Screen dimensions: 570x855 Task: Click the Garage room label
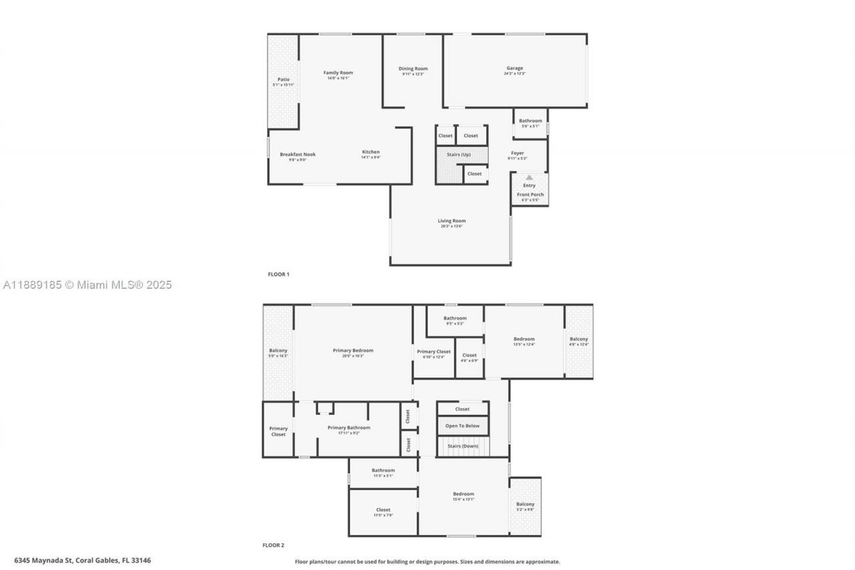[514, 68]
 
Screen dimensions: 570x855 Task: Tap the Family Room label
[338, 73]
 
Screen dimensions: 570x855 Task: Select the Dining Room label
[413, 69]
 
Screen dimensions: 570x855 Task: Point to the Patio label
[283, 80]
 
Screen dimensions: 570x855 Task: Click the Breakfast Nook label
[297, 154]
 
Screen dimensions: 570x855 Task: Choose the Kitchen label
[371, 152]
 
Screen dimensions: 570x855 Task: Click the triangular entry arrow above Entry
[529, 178]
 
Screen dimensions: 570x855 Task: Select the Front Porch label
[530, 194]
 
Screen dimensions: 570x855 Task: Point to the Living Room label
[452, 221]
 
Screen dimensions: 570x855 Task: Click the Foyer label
[518, 153]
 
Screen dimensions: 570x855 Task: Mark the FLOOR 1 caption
[279, 274]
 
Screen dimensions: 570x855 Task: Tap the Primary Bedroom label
[353, 350]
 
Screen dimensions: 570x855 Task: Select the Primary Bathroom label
[349, 428]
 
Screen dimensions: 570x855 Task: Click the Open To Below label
[462, 426]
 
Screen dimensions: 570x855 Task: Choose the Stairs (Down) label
[462, 446]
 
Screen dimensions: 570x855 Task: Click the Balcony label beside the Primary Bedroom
[278, 351]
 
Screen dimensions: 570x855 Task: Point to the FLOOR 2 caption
[273, 545]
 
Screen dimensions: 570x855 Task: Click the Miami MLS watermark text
[87, 285]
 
